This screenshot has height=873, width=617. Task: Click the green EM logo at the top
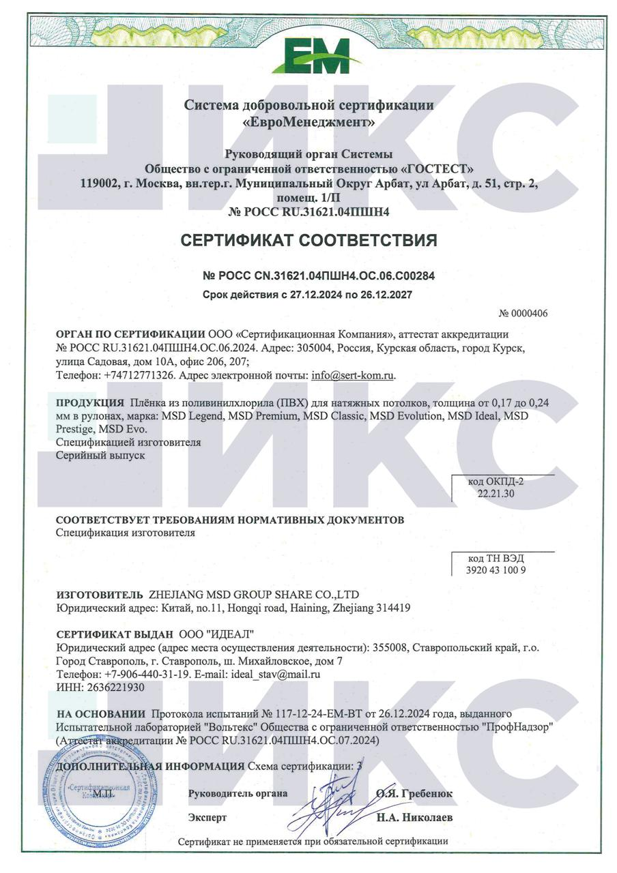tap(308, 57)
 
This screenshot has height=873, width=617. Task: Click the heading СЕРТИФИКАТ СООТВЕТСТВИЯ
tap(308, 241)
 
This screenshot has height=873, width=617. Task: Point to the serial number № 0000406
tap(523, 314)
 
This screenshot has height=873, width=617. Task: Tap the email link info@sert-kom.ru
tap(353, 375)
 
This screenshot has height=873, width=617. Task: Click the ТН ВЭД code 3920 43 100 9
tap(496, 569)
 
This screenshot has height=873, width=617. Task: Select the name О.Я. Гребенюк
tap(414, 794)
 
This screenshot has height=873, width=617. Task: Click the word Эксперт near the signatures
tap(207, 817)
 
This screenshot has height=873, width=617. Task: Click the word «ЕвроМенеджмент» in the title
tap(308, 123)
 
